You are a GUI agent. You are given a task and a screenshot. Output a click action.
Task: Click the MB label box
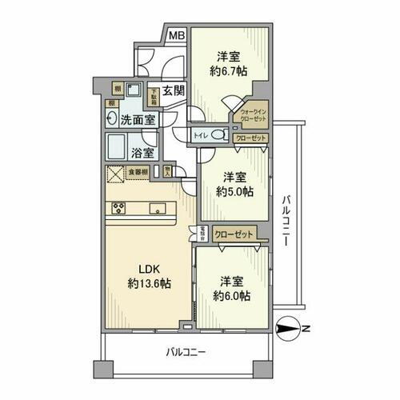click(176, 35)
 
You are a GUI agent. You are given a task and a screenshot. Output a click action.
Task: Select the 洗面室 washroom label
click(138, 121)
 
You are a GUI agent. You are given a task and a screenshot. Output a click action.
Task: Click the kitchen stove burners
click(116, 210)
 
